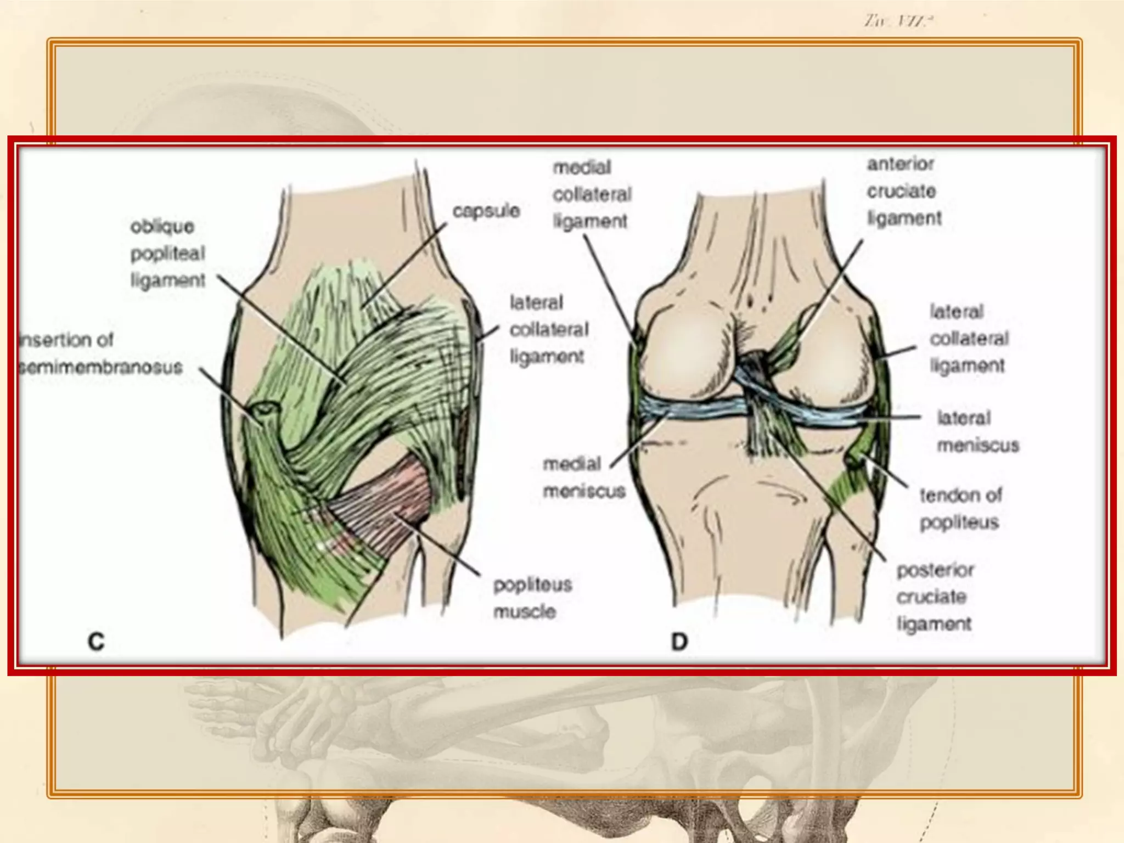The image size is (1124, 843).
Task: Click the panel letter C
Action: click(x=96, y=641)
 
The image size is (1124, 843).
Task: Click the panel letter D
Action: click(x=679, y=641)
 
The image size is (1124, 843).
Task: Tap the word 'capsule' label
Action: click(x=486, y=211)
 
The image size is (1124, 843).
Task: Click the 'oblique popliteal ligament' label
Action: click(x=167, y=253)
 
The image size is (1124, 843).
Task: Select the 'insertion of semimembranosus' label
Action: click(x=100, y=353)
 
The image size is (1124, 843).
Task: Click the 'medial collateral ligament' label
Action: click(x=591, y=194)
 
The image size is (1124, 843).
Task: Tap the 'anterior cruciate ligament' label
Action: click(x=903, y=191)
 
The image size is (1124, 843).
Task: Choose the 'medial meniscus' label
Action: click(x=583, y=477)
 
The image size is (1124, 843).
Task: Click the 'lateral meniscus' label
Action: click(x=977, y=431)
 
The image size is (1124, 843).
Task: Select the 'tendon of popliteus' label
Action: click(x=960, y=509)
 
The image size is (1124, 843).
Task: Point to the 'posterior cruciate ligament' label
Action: click(x=934, y=597)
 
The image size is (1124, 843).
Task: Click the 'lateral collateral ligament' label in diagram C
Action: click(x=548, y=329)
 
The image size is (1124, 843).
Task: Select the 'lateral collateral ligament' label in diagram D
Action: click(x=969, y=339)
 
